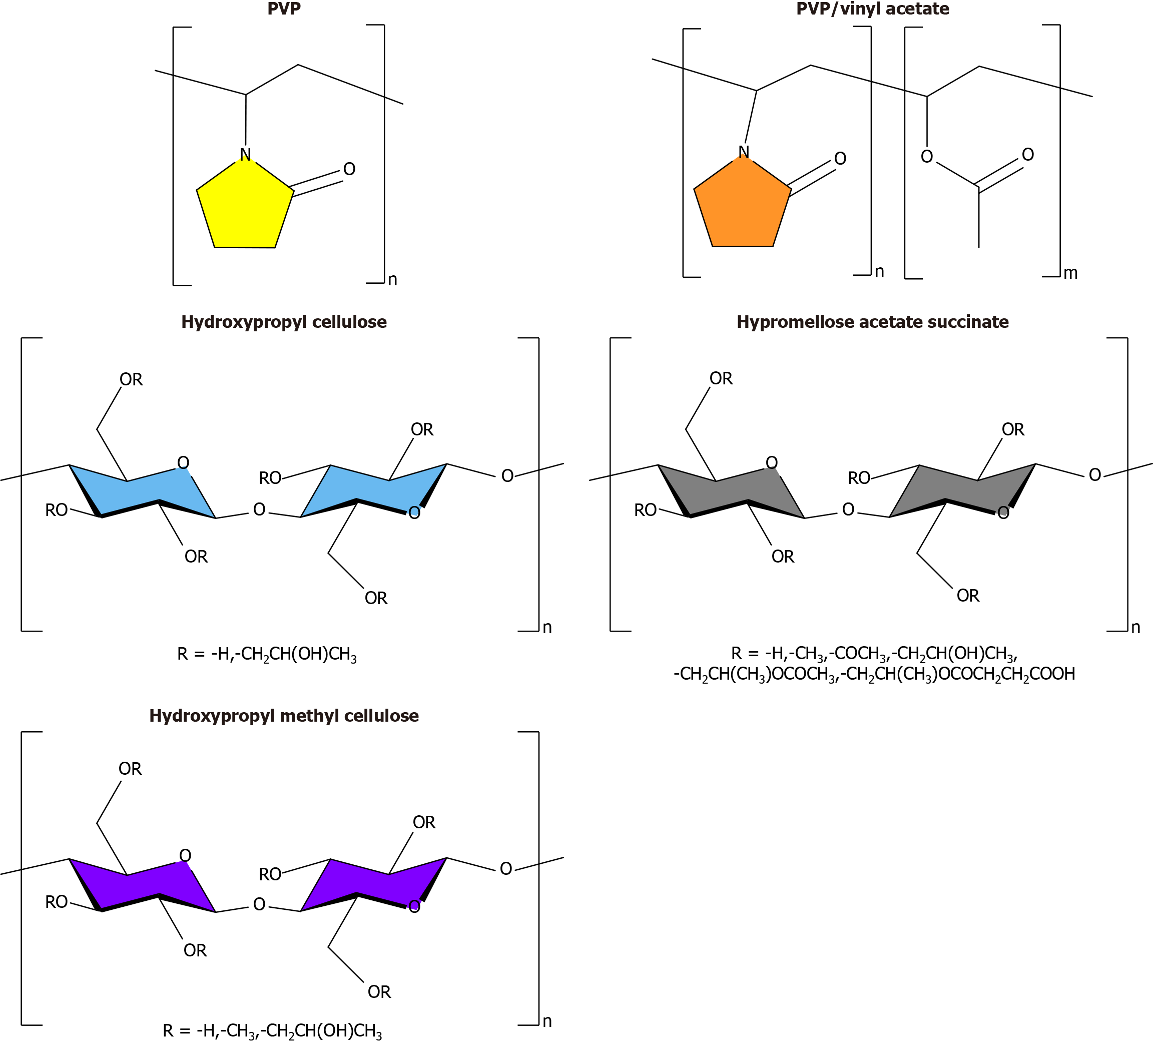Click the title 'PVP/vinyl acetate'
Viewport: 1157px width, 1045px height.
(x=872, y=9)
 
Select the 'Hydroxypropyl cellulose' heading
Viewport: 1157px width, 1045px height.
(x=284, y=322)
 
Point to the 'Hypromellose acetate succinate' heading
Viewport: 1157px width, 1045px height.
(x=872, y=322)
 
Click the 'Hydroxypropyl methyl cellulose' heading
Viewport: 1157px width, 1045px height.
(x=284, y=716)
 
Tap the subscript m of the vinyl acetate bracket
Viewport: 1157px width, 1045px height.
(x=1070, y=273)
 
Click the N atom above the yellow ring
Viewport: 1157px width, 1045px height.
(x=245, y=154)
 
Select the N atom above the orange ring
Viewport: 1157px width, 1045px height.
(x=744, y=152)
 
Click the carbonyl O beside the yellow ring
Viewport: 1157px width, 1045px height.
(x=349, y=169)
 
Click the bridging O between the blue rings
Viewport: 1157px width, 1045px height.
(x=259, y=509)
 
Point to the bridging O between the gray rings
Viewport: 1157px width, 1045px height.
(x=848, y=509)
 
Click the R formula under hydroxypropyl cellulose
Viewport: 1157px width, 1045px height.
(x=267, y=654)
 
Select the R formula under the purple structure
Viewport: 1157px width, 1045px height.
(x=272, y=1031)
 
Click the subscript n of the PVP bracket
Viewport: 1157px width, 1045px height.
(x=392, y=279)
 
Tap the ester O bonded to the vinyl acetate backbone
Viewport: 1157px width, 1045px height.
(x=927, y=157)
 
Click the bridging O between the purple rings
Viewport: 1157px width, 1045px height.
(x=259, y=904)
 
